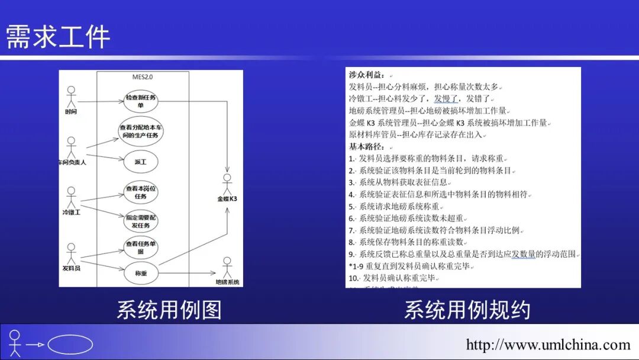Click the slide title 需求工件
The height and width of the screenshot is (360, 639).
click(x=58, y=36)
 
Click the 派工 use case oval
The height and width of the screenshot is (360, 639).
click(x=141, y=161)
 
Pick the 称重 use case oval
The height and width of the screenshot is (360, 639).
click(x=141, y=273)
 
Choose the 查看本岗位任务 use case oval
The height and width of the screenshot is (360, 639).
click(x=141, y=192)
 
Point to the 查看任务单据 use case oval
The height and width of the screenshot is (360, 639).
click(x=141, y=247)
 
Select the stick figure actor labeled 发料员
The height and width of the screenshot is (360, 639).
click(x=72, y=252)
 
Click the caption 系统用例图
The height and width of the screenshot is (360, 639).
click(x=169, y=310)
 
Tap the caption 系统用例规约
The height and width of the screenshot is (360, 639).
click(x=467, y=310)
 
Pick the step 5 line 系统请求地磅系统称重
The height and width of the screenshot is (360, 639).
click(x=396, y=207)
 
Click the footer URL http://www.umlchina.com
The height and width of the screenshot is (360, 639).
click(x=548, y=345)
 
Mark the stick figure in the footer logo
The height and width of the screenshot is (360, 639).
click(x=15, y=343)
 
